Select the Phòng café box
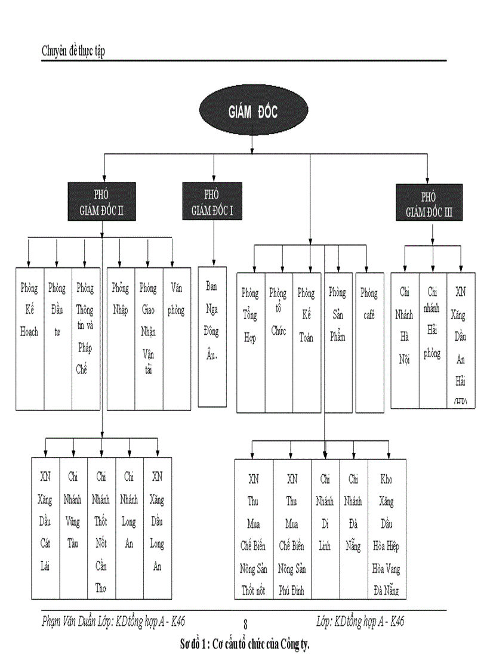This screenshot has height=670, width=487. (369, 342)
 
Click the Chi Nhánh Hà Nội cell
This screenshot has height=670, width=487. (405, 341)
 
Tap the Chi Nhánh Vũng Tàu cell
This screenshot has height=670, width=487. (73, 528)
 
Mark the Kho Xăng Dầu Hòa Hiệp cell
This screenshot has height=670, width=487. (387, 529)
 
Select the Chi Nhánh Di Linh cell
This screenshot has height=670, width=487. (325, 529)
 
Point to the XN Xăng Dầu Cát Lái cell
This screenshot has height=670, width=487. (45, 528)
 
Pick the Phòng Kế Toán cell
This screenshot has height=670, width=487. (306, 342)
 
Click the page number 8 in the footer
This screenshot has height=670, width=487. (245, 625)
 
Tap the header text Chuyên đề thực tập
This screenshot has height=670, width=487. (73, 51)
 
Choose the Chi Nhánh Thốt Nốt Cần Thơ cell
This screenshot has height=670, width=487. (101, 528)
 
